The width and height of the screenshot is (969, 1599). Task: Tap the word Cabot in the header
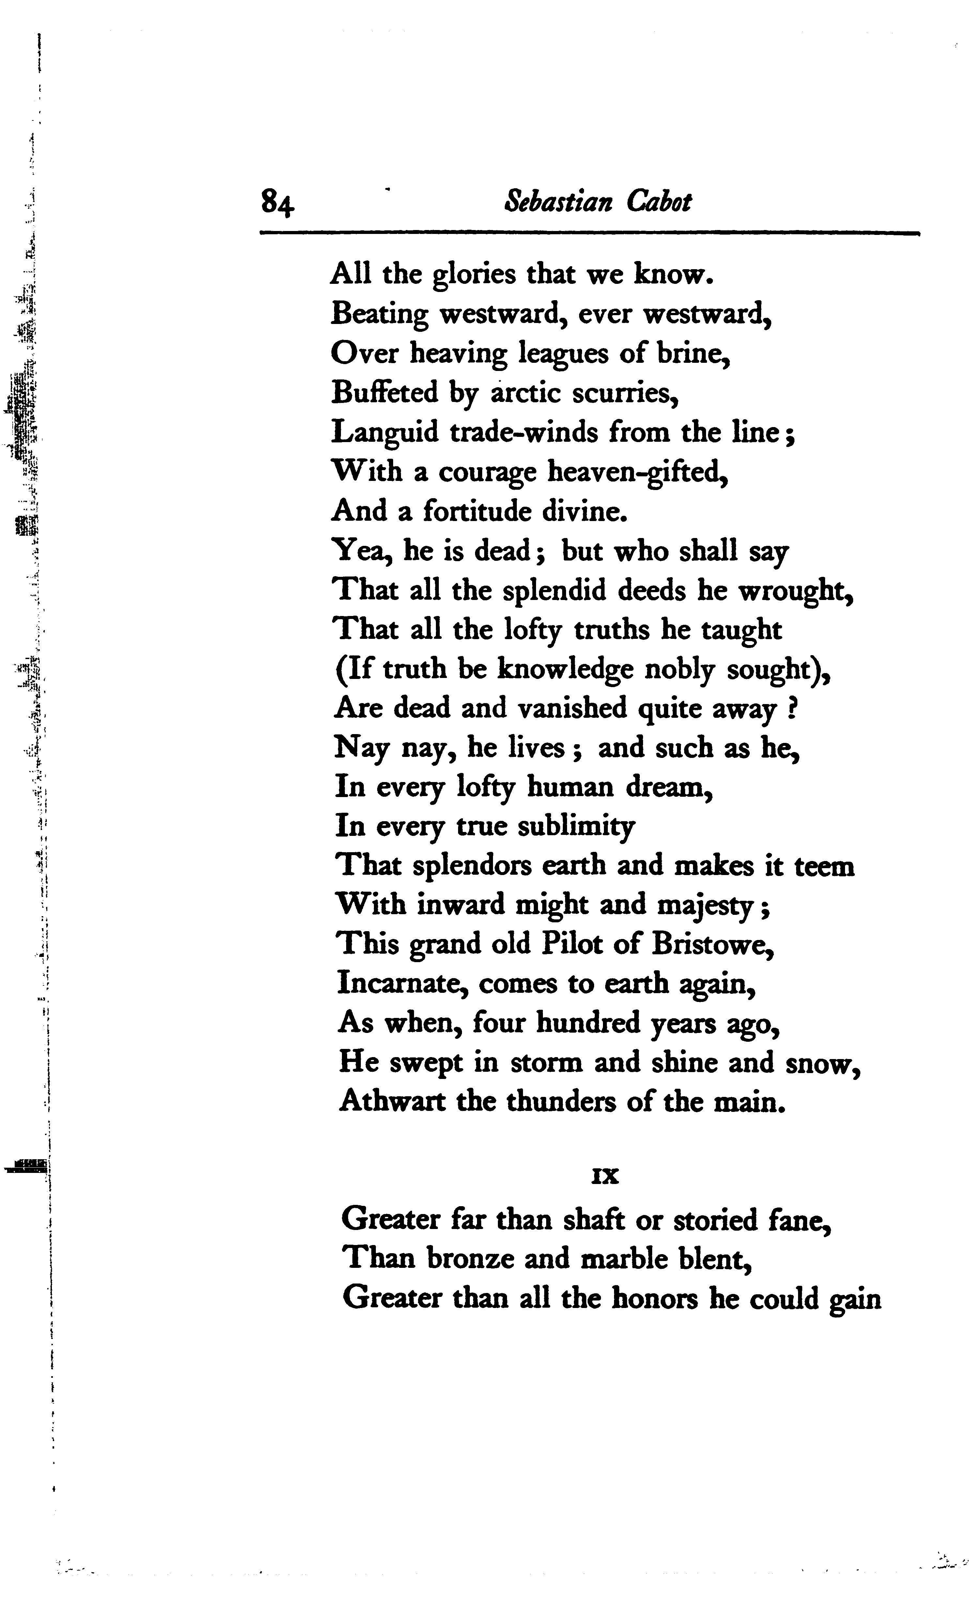pos(659,201)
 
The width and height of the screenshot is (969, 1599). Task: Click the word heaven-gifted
pos(637,472)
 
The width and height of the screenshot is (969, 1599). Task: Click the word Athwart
pos(392,1101)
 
